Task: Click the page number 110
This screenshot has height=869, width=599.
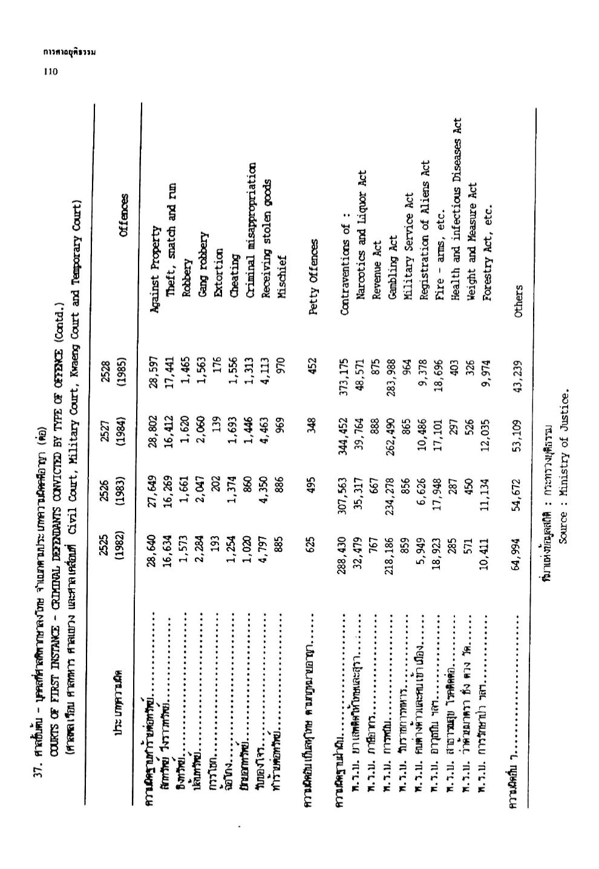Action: point(50,71)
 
